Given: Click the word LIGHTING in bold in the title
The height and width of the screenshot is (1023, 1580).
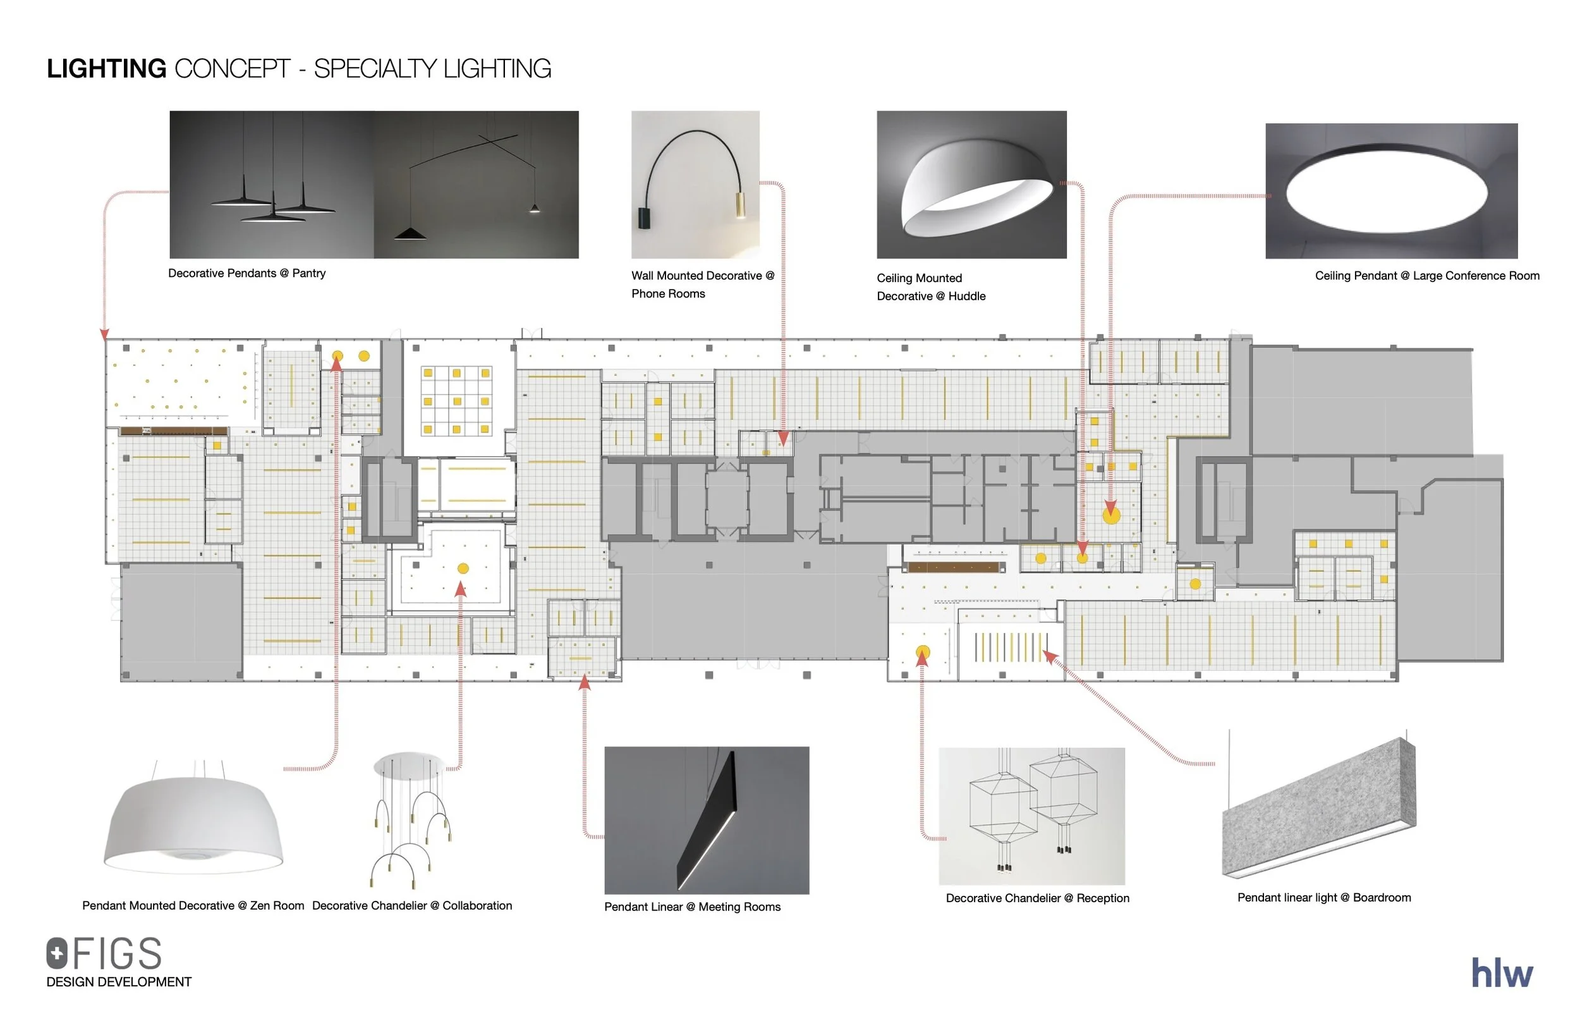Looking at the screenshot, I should click(106, 68).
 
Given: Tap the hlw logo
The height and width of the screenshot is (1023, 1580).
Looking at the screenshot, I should click(1502, 973).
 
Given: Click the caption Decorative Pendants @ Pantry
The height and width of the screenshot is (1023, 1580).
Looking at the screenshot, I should click(246, 273).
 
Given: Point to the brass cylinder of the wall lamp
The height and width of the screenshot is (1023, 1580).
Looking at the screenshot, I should click(740, 205).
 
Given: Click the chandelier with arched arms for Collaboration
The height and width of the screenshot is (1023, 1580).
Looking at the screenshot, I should click(411, 821).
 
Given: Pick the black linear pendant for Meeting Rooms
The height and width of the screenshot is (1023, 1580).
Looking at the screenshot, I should click(708, 821).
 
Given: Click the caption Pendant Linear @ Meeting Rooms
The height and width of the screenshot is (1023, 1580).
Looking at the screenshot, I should click(692, 907).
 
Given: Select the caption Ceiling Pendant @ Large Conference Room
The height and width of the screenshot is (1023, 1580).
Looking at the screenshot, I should click(1426, 276).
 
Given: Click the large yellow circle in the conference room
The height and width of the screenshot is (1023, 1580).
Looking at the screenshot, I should click(1111, 515).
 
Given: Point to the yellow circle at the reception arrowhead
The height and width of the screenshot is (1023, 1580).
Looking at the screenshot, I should click(923, 652).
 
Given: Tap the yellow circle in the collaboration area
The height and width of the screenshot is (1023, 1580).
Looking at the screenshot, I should click(463, 568).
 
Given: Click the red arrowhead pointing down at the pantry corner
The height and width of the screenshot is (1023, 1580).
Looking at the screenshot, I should click(104, 334).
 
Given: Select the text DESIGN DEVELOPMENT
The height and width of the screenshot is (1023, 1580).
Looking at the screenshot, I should click(119, 982).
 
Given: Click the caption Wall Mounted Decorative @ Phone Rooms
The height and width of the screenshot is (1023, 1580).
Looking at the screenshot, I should click(702, 285).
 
